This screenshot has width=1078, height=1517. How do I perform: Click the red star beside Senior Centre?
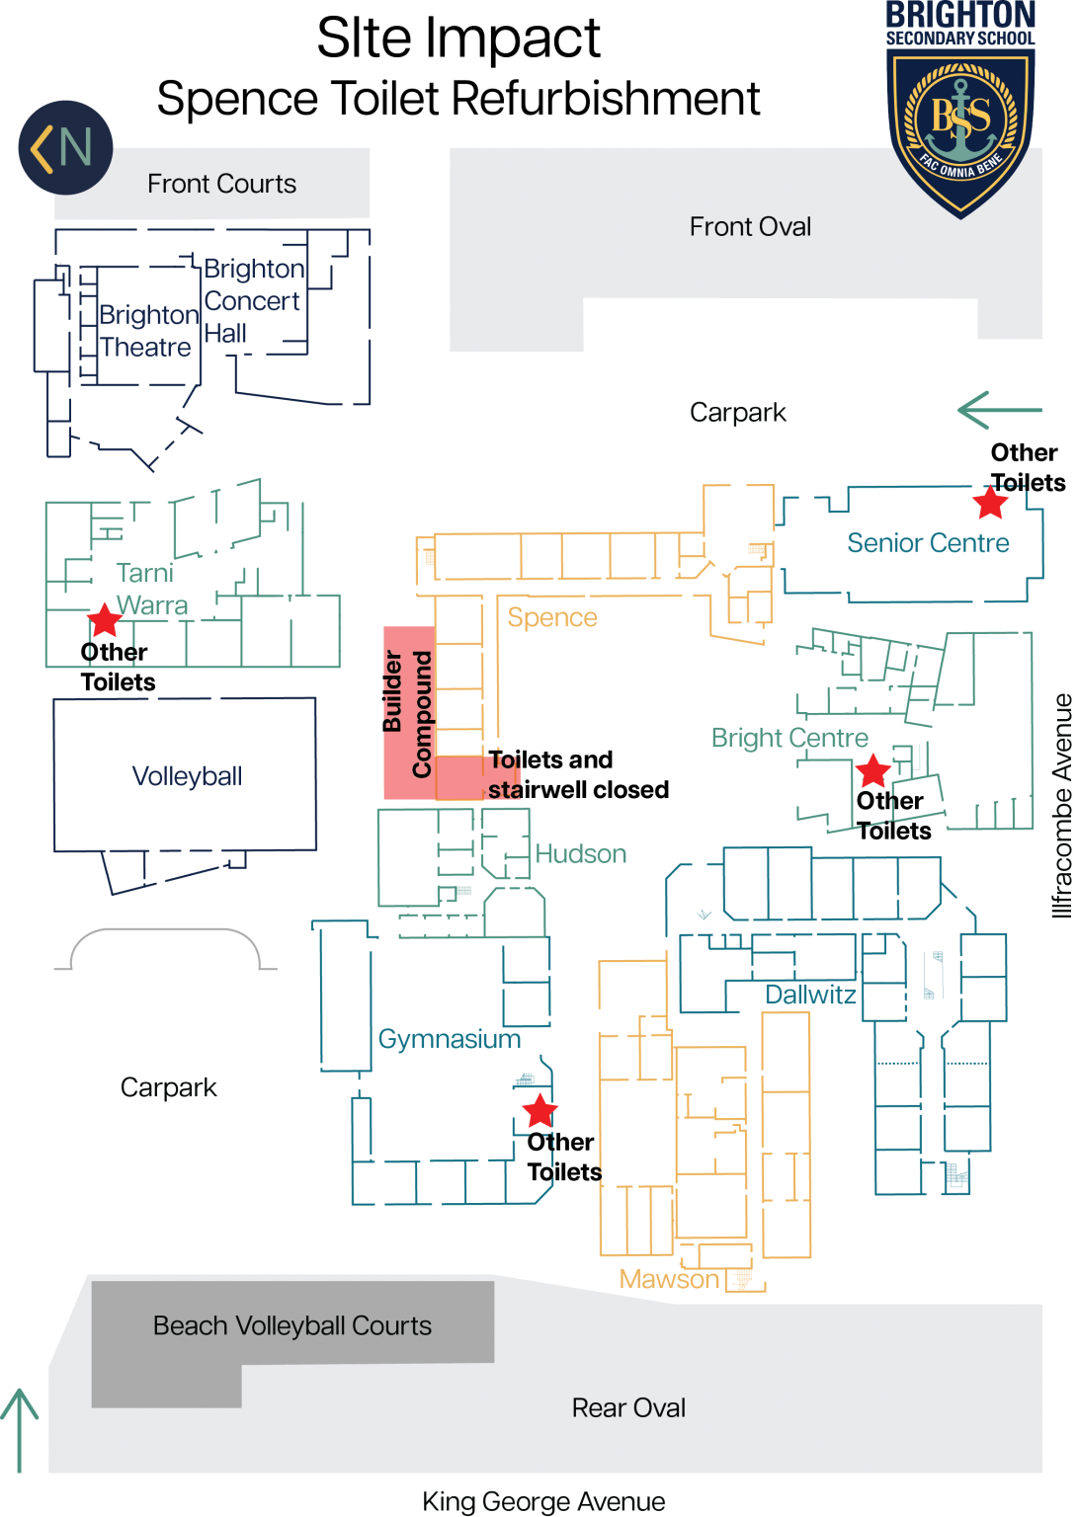tap(990, 502)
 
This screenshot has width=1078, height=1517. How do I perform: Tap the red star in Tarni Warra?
tap(105, 619)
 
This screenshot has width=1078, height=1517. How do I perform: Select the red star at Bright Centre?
tap(872, 770)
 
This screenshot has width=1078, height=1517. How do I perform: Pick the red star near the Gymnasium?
tap(539, 1111)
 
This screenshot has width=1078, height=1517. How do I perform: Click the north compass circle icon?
tap(65, 147)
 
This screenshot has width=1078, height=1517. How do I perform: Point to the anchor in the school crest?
tap(960, 120)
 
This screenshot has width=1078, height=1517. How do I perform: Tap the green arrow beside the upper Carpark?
tap(999, 410)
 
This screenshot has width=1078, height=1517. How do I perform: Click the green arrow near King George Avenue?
tap(19, 1430)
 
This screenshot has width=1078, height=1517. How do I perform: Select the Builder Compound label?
tap(406, 713)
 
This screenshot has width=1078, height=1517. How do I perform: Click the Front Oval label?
tap(750, 226)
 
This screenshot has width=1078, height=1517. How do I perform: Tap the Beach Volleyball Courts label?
tap(292, 1325)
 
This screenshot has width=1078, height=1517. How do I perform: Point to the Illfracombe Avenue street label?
tap(1062, 805)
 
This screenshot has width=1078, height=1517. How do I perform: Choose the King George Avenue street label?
tap(543, 1501)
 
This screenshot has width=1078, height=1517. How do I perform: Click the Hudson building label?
tap(581, 853)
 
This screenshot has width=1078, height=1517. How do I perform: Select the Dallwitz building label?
tap(810, 995)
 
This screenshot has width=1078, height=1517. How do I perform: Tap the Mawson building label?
tap(669, 1279)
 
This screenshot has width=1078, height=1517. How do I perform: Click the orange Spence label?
tap(552, 617)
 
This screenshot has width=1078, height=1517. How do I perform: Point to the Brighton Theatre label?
tap(148, 331)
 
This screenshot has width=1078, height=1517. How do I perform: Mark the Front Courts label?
tap(221, 184)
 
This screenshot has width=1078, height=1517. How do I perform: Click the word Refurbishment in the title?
tap(605, 98)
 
